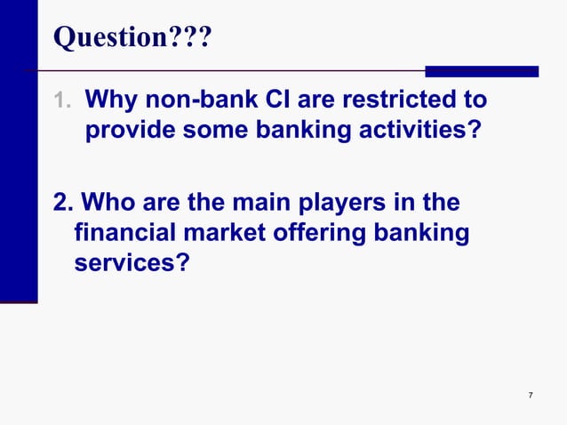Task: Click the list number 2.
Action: click(x=62, y=204)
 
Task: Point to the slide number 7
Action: click(x=530, y=395)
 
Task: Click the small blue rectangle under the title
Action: click(x=482, y=71)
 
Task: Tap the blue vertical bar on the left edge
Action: click(x=18, y=151)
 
